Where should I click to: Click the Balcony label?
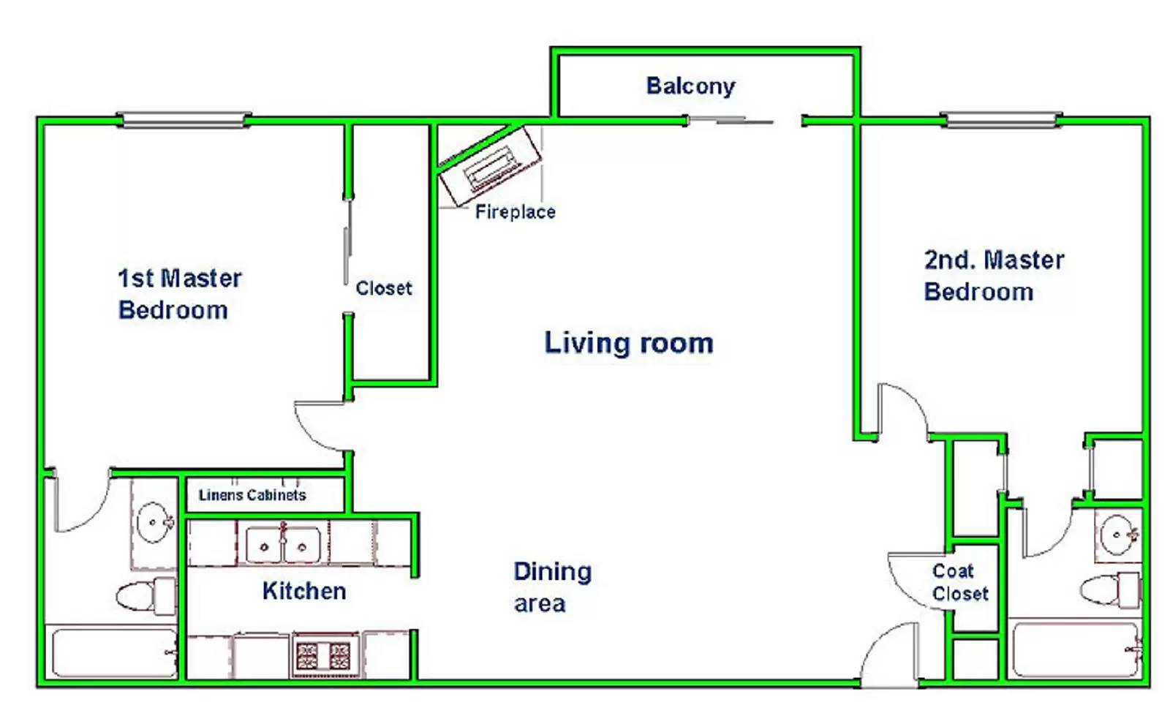tap(690, 86)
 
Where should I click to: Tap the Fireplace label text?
tap(515, 212)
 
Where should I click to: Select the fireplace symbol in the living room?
tap(490, 166)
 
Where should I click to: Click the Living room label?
tap(629, 343)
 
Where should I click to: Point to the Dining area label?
tap(553, 587)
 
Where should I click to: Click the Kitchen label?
tap(304, 591)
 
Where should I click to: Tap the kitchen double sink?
tap(282, 545)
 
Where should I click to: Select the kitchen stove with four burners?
tap(323, 656)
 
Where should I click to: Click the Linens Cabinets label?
tap(252, 494)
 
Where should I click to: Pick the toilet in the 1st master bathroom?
tap(146, 596)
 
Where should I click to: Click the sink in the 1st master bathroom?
tap(154, 522)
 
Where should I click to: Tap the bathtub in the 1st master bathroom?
tap(114, 653)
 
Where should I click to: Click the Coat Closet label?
tap(960, 582)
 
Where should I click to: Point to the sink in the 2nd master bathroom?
tap(1119, 535)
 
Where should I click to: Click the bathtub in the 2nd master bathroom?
tap(1076, 650)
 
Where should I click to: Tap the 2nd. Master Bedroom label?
tap(994, 276)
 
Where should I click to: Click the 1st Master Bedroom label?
tap(180, 294)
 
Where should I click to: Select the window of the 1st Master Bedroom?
tap(184, 120)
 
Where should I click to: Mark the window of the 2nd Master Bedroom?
tap(1001, 120)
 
